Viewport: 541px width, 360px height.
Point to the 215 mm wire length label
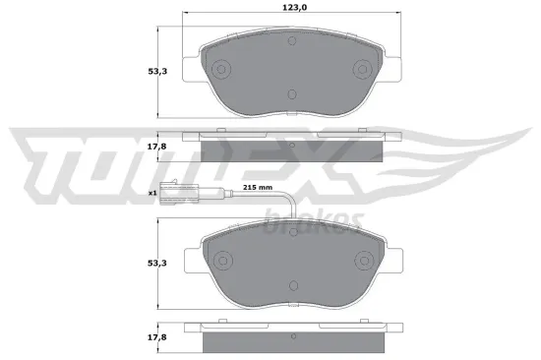(x=258, y=187)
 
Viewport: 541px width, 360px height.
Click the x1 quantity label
(x=152, y=194)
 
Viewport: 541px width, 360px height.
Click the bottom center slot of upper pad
(x=291, y=95)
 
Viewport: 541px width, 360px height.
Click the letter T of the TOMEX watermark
(x=59, y=157)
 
